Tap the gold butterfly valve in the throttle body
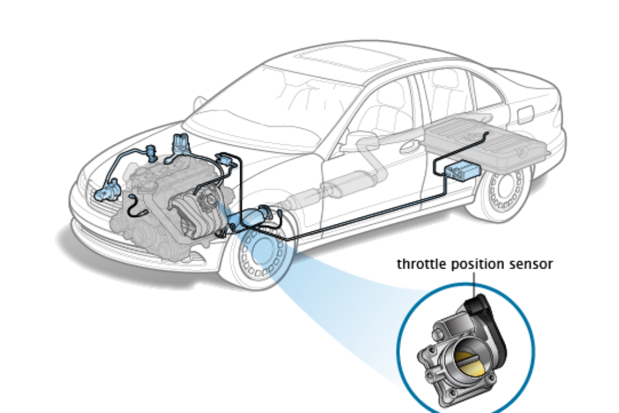click(x=470, y=360)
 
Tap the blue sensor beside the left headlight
click(x=106, y=189)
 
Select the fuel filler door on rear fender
click(x=525, y=114)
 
